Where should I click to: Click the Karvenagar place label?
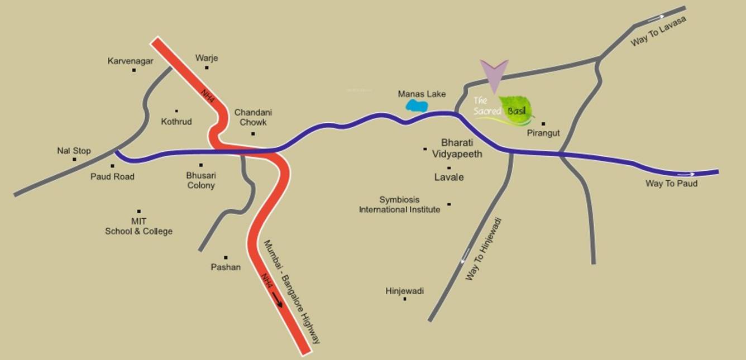tap(130, 61)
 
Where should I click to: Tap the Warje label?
tap(207, 58)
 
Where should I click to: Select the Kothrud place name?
tap(176, 121)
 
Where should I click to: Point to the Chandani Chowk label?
tap(253, 117)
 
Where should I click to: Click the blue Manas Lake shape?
tap(417, 105)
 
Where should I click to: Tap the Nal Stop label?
tap(74, 151)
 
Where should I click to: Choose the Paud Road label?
tap(112, 176)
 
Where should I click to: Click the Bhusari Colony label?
tap(200, 180)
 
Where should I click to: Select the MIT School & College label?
tap(138, 226)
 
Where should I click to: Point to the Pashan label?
tap(226, 267)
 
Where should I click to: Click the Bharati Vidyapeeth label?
tap(461, 148)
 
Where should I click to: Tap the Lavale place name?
tap(449, 177)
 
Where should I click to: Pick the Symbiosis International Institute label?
tap(399, 204)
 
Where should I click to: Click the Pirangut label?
tap(543, 133)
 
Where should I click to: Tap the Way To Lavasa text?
tap(658, 32)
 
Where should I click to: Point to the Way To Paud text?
tap(671, 183)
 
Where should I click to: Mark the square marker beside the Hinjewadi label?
tap(405, 299)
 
